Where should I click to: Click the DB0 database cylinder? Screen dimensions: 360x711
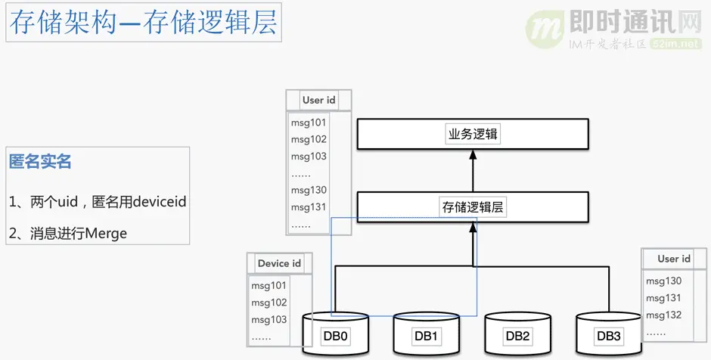point(336,335)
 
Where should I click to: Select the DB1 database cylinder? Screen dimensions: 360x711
point(427,335)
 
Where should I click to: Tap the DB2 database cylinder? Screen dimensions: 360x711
point(517,335)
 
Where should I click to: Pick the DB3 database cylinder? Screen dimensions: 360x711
point(608,335)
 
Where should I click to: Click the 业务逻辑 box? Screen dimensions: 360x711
point(472,135)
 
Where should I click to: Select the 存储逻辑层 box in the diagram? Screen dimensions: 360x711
point(472,206)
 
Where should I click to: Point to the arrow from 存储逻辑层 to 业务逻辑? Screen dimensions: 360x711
point(473,170)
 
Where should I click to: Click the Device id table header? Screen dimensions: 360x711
point(279,263)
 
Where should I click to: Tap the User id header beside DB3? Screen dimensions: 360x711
point(673,259)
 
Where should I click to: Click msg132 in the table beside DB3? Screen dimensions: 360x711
point(663,315)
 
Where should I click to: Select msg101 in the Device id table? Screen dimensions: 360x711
point(269,286)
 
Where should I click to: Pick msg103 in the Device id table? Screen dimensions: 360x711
point(269,319)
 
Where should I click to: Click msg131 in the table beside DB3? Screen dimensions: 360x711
point(663,298)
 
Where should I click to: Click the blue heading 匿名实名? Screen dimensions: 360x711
point(40,161)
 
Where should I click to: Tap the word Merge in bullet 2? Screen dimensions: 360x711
point(106,234)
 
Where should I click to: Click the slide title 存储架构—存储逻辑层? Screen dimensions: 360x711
point(144,24)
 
